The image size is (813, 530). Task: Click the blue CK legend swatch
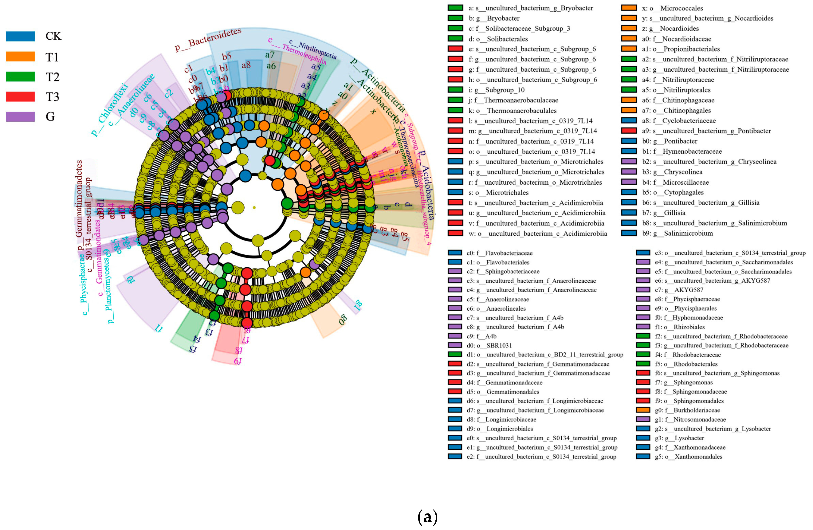pos(20,36)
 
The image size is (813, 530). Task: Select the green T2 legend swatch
pos(20,77)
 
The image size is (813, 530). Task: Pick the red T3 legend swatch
pos(20,97)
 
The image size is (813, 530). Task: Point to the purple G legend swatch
pos(20,116)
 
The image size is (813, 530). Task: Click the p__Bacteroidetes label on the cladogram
pos(208,40)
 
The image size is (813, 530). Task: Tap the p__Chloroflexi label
pos(109,109)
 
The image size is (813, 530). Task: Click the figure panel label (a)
pos(427,517)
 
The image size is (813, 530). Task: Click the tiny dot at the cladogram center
pos(254,207)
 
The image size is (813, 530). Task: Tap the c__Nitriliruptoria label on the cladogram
pos(313,49)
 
